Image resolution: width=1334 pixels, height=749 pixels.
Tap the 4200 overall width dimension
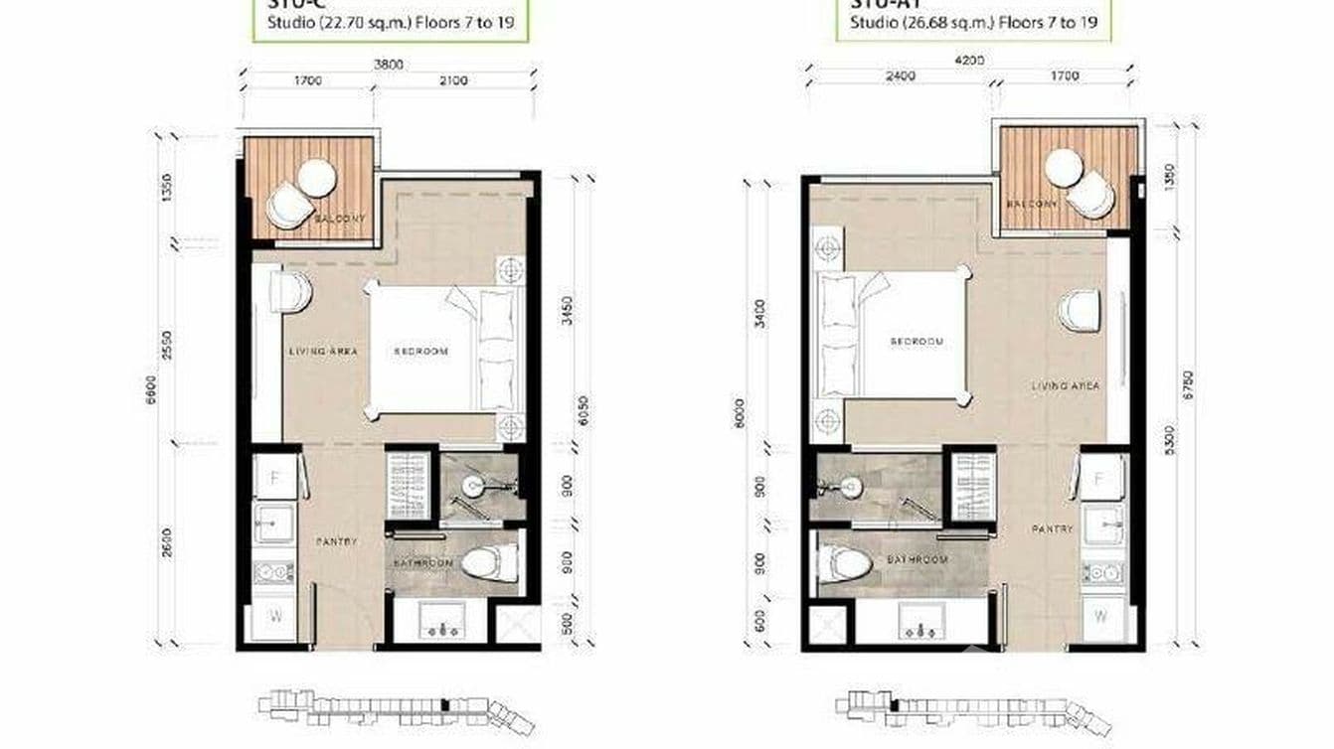click(x=969, y=60)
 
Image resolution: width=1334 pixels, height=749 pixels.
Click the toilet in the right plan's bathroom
click(x=846, y=563)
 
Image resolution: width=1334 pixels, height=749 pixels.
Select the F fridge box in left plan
click(x=274, y=478)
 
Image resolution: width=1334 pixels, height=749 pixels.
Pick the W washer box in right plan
click(x=1101, y=616)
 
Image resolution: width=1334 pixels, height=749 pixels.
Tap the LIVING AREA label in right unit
click(x=1066, y=386)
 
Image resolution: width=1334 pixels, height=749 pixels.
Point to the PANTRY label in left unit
click(x=336, y=541)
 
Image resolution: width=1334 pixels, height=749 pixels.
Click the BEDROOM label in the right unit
click(x=916, y=342)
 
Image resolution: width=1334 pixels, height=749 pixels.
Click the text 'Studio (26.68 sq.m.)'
click(x=908, y=21)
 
